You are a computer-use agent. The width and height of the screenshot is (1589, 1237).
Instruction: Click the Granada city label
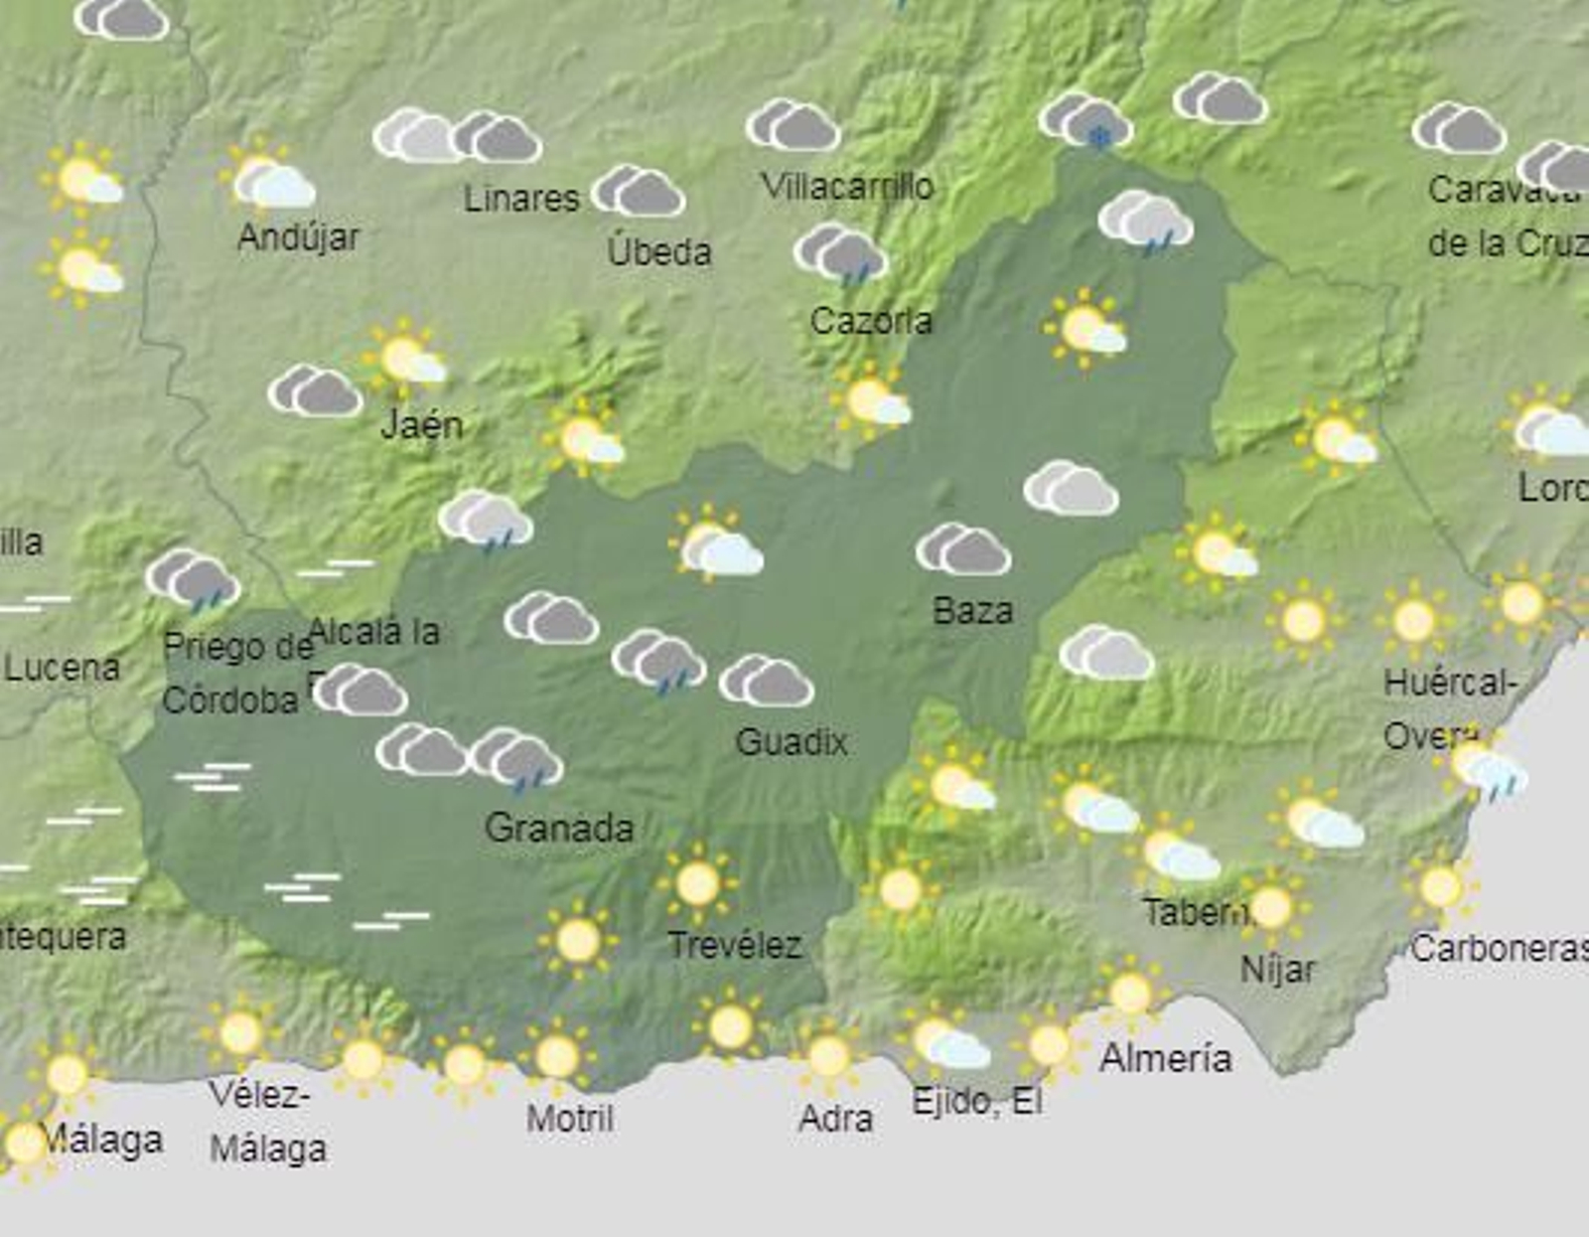[x=559, y=828]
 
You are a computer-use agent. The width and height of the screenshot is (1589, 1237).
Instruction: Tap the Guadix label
[x=792, y=742]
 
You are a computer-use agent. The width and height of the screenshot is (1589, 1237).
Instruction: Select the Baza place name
[x=973, y=610]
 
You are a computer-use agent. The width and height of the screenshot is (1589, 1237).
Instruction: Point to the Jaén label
[x=422, y=425]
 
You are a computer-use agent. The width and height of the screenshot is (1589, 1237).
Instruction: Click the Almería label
[x=1166, y=1058]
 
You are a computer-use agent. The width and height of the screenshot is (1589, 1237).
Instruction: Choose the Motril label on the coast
[x=570, y=1119]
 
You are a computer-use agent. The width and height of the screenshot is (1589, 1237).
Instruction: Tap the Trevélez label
[x=735, y=945]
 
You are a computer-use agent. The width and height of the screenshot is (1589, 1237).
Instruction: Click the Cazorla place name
[x=871, y=321]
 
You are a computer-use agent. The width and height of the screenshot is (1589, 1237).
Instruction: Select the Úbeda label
[x=659, y=251]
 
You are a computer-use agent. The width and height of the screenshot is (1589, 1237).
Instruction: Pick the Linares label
[x=521, y=199]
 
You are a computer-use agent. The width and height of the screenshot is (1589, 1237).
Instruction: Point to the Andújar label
[x=299, y=237]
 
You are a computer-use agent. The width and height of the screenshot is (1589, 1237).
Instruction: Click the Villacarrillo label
[x=847, y=186]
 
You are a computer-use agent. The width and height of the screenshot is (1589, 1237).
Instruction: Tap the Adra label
[x=836, y=1119]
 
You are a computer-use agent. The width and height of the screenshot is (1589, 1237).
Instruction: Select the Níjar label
[x=1278, y=969]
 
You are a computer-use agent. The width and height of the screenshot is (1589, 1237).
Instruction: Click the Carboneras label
[x=1498, y=949]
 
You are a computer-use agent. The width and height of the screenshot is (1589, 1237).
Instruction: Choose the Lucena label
[x=63, y=668]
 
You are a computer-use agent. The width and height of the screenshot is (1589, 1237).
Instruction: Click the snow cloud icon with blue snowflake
[x=1086, y=121]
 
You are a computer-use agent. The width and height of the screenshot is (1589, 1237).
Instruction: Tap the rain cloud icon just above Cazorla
[x=840, y=252]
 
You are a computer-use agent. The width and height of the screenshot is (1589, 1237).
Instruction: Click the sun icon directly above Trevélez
[x=697, y=882]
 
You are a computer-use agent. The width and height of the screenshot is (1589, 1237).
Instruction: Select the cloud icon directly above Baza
[x=963, y=549]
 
